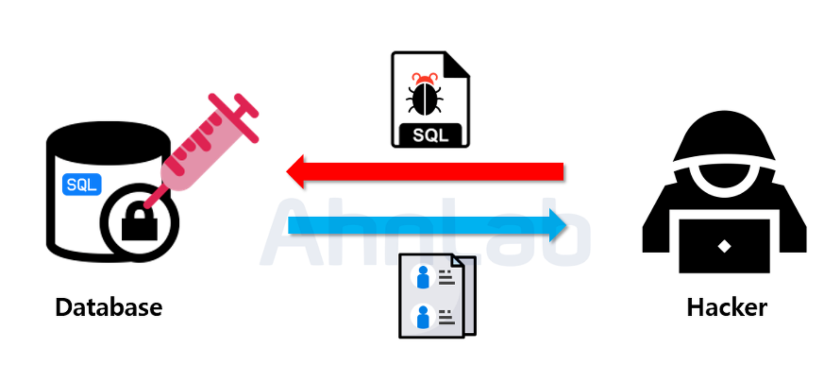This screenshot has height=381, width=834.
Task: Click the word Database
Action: pyautogui.click(x=109, y=307)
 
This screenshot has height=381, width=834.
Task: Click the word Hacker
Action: pyautogui.click(x=727, y=307)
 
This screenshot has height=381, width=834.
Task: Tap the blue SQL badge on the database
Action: pyautogui.click(x=82, y=185)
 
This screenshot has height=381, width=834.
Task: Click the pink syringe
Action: pyautogui.click(x=200, y=151)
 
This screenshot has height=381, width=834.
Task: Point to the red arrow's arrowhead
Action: pyautogui.click(x=296, y=171)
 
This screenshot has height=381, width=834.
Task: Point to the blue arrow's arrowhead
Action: pyautogui.click(x=557, y=225)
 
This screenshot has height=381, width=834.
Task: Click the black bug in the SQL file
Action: pyautogui.click(x=424, y=99)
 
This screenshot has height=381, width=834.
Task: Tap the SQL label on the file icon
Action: pyautogui.click(x=430, y=135)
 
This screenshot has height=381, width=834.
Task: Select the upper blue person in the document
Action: pyautogui.click(x=423, y=277)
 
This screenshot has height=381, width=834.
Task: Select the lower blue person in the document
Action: pyautogui.click(x=423, y=317)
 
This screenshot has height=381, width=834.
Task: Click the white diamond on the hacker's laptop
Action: pyautogui.click(x=724, y=246)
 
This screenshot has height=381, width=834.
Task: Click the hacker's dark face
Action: pyautogui.click(x=724, y=175)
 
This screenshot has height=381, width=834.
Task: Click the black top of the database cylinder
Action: pyautogui.click(x=109, y=142)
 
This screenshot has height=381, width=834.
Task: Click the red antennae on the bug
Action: pyautogui.click(x=424, y=78)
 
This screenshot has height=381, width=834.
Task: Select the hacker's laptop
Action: pyautogui.click(x=724, y=245)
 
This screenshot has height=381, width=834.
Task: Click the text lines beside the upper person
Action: pyautogui.click(x=447, y=278)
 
